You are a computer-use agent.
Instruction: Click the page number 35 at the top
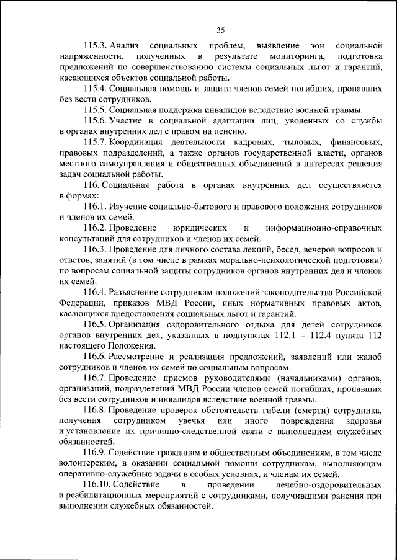pos(220,29)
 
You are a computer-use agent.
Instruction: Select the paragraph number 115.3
pos(97,47)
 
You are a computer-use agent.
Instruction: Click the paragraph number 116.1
pos(97,205)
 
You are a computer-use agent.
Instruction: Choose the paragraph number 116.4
pos(97,291)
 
